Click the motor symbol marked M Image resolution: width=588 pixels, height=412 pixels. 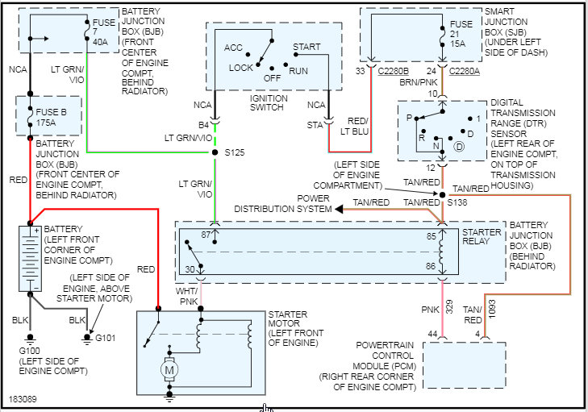tap(170, 370)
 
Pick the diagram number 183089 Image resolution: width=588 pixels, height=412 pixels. tap(25, 398)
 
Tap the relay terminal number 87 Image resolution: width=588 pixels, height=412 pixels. tap(205, 234)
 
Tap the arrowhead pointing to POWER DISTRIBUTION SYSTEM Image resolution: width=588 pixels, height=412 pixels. tap(340, 209)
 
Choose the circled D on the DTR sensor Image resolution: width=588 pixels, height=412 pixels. tap(459, 148)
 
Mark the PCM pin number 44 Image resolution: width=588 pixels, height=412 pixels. tap(432, 334)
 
